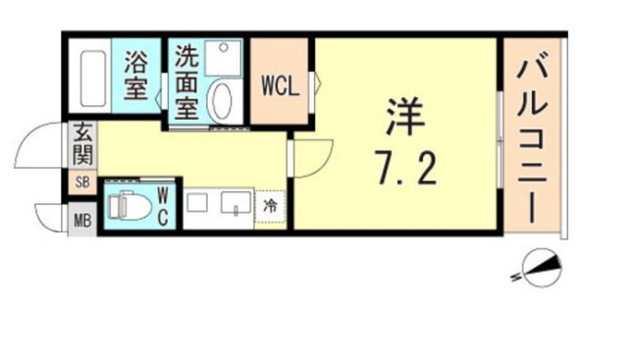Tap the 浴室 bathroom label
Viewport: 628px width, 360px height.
[135, 76]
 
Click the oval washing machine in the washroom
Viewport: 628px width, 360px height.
[222, 100]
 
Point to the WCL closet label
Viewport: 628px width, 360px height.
[281, 86]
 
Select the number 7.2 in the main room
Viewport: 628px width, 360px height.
[405, 168]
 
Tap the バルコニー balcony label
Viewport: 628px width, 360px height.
[532, 141]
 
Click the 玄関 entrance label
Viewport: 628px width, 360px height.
[83, 145]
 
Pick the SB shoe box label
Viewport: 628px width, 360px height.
[82, 182]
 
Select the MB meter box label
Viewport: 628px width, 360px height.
[82, 221]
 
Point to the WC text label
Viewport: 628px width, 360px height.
[163, 207]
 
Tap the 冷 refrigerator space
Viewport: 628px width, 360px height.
[271, 207]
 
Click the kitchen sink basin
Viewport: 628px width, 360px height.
[236, 202]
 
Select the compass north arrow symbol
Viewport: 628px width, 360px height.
[542, 268]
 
